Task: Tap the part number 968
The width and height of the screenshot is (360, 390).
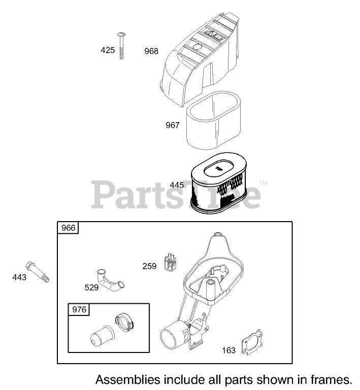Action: point(151,51)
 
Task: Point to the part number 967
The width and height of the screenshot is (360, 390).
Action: point(173,125)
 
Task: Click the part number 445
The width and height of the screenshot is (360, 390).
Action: point(177,185)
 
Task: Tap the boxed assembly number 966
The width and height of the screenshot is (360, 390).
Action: point(69,228)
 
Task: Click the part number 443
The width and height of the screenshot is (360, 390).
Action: point(19,277)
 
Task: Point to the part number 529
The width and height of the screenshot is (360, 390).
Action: point(91,288)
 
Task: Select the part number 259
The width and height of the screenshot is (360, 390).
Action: point(149,266)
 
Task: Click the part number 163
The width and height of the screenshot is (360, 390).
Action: point(229,350)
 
